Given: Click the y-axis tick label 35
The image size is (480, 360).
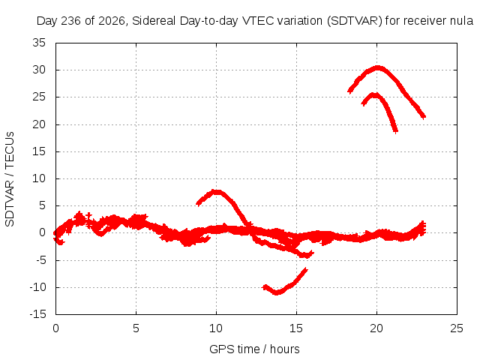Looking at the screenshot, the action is pos(39,43).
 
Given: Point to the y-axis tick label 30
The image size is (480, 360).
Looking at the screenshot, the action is pos(39,70).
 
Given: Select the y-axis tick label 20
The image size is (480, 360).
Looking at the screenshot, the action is pos(39,124).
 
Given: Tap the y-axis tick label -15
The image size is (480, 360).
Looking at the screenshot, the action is pos(37,314).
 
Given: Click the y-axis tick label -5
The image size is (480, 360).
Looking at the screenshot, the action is pos(40,260).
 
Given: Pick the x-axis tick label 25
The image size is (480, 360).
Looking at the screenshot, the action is pos(457,328).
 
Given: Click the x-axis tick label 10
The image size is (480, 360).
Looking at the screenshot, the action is pos(216,328).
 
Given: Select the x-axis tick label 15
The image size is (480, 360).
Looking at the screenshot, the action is pos(296,328).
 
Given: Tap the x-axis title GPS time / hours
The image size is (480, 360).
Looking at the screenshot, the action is pos(254,349).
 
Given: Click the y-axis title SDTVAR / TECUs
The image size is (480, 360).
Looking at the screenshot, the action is pos(10,179).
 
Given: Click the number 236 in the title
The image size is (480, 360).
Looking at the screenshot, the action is pos(72,21).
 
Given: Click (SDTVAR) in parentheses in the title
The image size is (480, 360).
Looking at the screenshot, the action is pos(355,21).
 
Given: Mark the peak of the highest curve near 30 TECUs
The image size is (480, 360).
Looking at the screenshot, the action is pos(378,68).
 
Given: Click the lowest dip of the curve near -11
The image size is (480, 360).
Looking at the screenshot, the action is pos(277,292).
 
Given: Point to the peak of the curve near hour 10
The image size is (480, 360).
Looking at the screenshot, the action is pos(217,192).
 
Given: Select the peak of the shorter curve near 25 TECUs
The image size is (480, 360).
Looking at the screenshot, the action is pos(374,95).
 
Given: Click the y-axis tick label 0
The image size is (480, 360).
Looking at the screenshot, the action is pos(43,232).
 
